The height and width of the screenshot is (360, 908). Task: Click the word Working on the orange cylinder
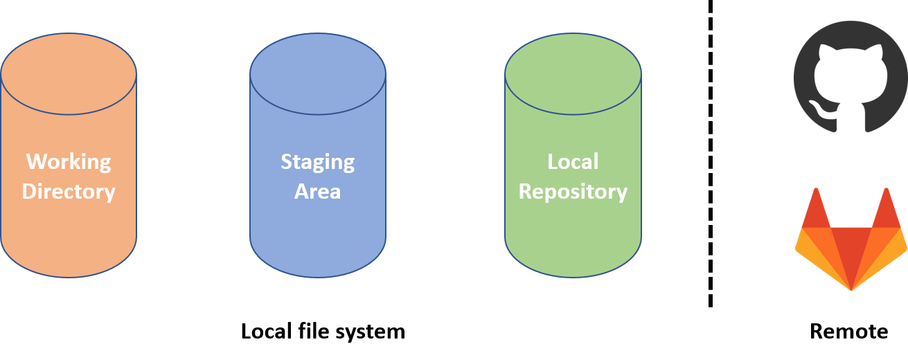click(x=69, y=162)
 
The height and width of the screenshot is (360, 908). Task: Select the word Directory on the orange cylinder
click(x=69, y=191)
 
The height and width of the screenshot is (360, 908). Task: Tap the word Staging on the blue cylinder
click(x=317, y=162)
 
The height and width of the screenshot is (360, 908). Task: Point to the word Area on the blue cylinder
click(x=317, y=191)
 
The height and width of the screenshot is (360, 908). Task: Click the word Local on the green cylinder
click(x=573, y=162)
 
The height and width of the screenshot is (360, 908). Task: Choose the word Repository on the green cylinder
click(x=573, y=191)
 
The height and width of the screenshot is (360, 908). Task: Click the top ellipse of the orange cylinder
click(x=69, y=73)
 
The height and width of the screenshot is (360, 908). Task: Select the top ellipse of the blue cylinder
click(x=317, y=73)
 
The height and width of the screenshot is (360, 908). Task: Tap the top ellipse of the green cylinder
click(x=573, y=73)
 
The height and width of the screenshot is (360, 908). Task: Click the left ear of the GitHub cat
click(x=825, y=54)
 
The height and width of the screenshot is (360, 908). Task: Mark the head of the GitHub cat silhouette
click(x=851, y=76)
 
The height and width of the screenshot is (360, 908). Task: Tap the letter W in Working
click(x=35, y=162)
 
